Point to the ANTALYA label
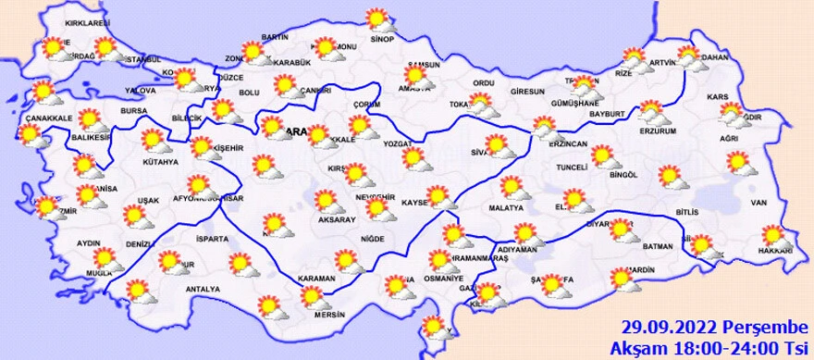pos(203,289)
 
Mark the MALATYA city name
pos(506,209)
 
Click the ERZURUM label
pos(659,130)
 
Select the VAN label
pos(758,203)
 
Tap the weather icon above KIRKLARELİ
pos(55,46)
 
